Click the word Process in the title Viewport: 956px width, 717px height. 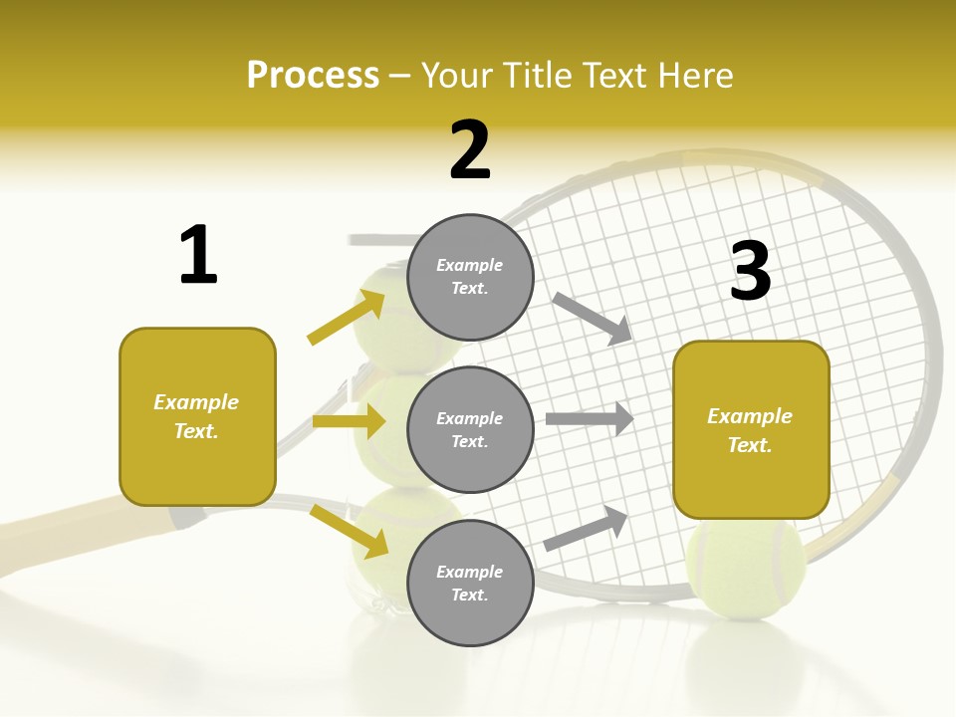(313, 76)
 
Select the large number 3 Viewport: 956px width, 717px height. (750, 271)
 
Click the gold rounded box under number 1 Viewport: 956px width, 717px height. (197, 416)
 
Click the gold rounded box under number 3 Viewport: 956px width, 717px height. (751, 429)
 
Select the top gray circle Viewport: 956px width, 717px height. (470, 277)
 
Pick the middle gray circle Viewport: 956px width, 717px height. (470, 429)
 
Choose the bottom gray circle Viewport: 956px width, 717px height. (470, 583)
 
